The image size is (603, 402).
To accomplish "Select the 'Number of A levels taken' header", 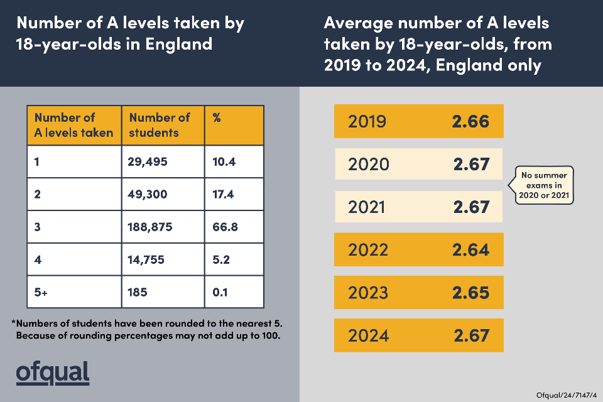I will click(73, 125).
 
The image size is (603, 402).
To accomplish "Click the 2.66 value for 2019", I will click(470, 121).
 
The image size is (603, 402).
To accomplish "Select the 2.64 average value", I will click(470, 249).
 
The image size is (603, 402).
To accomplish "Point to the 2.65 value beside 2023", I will click(470, 292).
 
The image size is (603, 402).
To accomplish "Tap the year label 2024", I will click(368, 335).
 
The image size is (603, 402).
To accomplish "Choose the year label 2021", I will click(368, 207).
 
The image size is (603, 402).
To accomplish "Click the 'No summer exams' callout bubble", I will click(545, 185).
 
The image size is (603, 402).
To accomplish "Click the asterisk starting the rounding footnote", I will click(14, 323).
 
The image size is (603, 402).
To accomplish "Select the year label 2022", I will click(368, 249).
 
